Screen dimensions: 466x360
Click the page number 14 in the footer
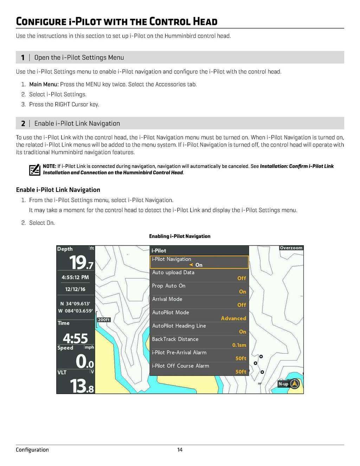point(180,449)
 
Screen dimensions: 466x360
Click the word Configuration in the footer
point(32,449)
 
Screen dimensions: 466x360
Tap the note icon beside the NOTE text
point(34,170)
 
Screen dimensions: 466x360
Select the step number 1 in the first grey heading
point(23,58)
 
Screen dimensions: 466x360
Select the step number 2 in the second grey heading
point(23,124)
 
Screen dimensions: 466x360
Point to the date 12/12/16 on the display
point(75,289)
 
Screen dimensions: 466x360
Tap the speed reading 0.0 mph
point(85,361)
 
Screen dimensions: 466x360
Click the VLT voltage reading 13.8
point(82,386)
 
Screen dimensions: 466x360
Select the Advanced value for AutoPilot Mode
point(233,318)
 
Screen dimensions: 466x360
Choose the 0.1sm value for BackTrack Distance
point(239,345)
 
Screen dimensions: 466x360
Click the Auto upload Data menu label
point(173,272)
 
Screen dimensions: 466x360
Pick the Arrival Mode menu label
point(167,299)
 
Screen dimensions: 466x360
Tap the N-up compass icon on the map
point(295,384)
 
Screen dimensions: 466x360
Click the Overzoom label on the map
point(291,248)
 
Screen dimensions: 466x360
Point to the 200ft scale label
point(104,320)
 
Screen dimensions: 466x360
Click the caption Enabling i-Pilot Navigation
point(180,236)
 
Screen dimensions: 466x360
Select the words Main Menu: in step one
point(44,84)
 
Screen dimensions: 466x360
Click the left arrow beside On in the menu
point(191,265)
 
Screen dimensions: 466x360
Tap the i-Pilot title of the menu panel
point(159,251)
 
